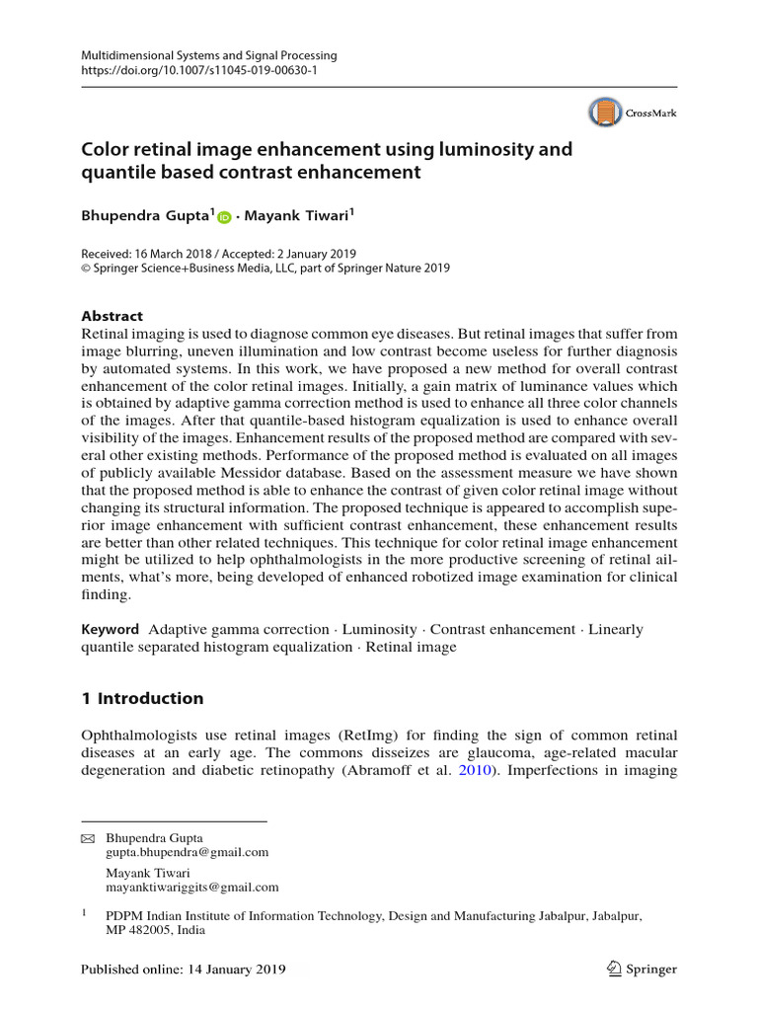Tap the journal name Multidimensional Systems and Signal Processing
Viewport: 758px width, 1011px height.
208,56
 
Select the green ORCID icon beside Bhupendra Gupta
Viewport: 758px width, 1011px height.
224,217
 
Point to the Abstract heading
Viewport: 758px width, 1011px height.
112,316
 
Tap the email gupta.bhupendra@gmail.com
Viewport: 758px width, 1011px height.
187,852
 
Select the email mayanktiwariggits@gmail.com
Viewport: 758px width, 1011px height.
191,888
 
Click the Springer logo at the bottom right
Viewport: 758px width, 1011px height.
642,969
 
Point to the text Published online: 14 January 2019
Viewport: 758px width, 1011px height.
183,970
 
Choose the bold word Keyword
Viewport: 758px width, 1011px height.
110,629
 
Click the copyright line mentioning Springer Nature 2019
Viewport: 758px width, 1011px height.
265,268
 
